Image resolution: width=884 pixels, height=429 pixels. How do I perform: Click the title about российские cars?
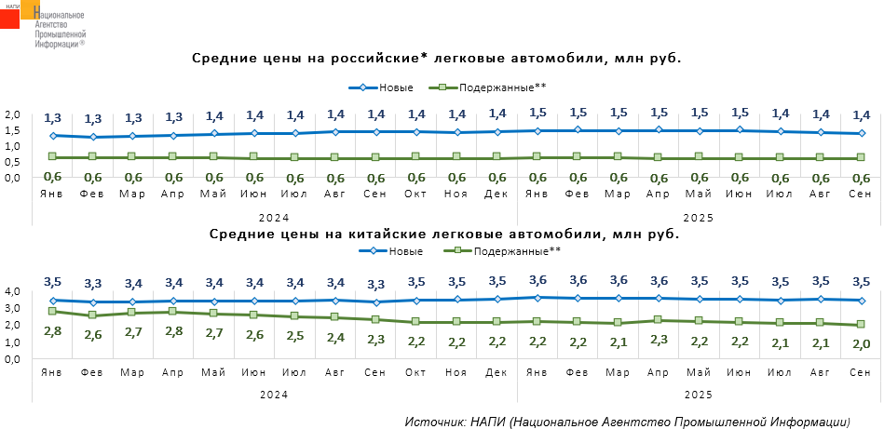coord(437,59)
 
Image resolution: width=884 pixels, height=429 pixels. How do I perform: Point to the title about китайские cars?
coord(443,234)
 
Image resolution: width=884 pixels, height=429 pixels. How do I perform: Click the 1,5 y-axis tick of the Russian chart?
coord(12,131)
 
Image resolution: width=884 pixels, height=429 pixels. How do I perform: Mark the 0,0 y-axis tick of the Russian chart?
coord(12,176)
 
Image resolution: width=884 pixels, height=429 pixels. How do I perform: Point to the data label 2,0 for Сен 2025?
coord(861,344)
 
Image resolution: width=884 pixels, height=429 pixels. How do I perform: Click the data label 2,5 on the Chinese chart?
coord(294,335)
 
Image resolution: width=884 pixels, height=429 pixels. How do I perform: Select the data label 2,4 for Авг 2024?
coord(334,337)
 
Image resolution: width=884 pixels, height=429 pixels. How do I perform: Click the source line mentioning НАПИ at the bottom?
coord(629,421)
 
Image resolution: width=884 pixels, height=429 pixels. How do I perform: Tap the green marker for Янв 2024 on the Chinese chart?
coord(52,311)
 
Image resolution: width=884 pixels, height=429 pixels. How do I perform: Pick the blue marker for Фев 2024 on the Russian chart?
coord(93,137)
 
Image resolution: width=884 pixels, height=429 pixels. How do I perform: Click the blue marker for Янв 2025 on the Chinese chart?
coord(537,298)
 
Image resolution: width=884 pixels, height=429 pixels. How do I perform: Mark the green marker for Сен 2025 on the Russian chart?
coord(861,158)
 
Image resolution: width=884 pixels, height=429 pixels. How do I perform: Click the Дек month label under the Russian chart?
coord(496,194)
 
